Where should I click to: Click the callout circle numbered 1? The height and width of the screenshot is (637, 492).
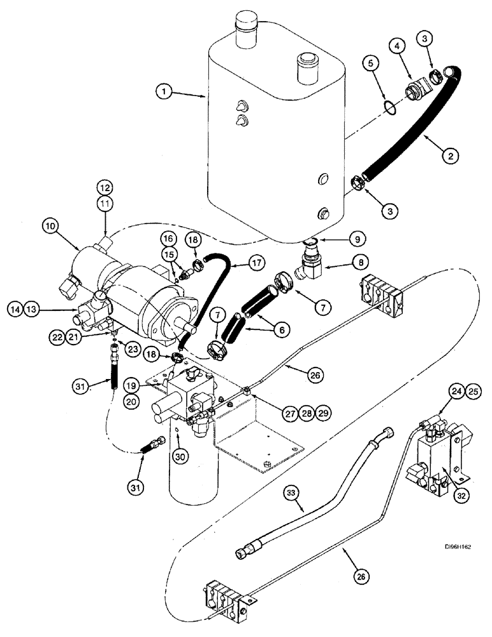(164, 92)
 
